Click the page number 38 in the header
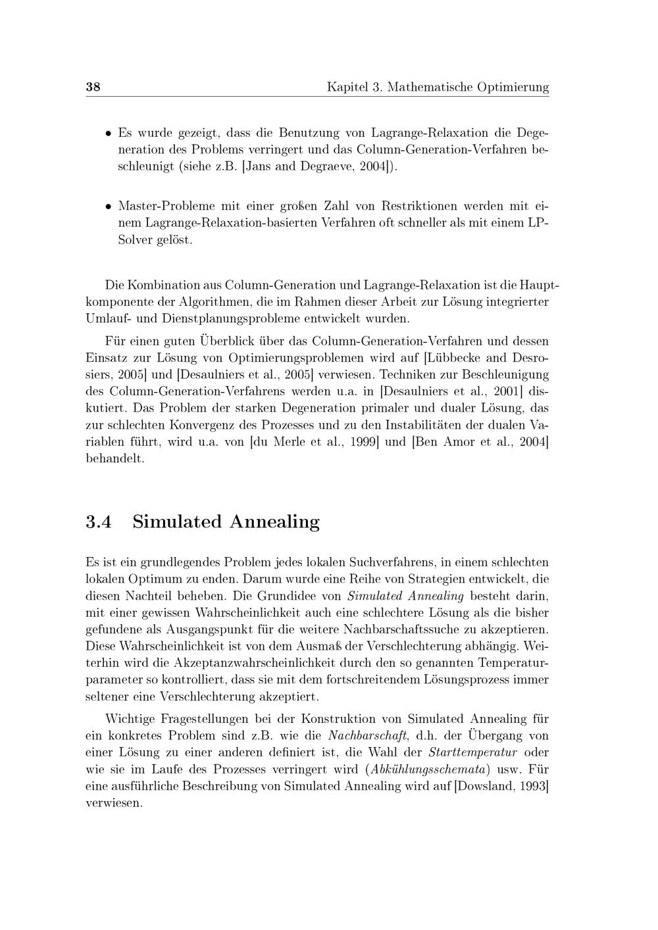pyautogui.click(x=93, y=87)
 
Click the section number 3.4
pyautogui.click(x=99, y=522)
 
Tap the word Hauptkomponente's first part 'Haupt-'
pyautogui.click(x=539, y=285)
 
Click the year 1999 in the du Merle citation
pyautogui.click(x=361, y=442)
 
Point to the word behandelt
pyautogui.click(x=114, y=458)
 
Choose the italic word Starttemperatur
pyautogui.click(x=472, y=752)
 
